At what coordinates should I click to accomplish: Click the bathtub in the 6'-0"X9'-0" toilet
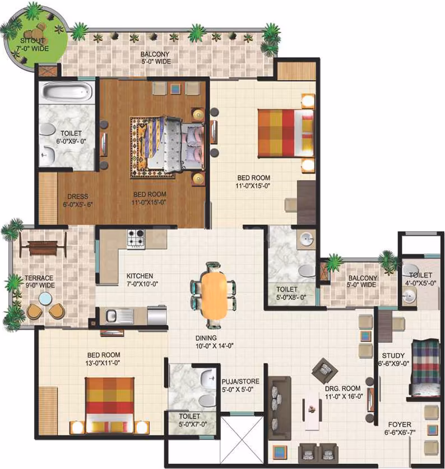coord(67,92)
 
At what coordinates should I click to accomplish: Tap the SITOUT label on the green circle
coord(33,41)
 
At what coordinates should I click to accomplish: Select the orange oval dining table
coord(214,295)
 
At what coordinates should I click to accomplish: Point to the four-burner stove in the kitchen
coord(136,238)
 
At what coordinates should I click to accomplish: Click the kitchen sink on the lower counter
coord(119,316)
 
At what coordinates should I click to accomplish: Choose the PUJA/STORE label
coord(240,381)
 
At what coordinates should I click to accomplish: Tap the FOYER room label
coord(400,424)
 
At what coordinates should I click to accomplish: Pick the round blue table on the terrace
coord(45,299)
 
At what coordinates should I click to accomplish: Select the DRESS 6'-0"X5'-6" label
coord(77,200)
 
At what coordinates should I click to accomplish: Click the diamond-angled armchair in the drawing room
coord(325,370)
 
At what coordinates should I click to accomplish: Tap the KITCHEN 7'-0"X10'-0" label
coord(142,280)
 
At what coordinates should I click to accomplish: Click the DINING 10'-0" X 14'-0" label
coord(215,342)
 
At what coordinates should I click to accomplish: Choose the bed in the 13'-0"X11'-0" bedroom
coord(110,405)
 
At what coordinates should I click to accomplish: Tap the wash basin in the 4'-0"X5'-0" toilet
coord(409,297)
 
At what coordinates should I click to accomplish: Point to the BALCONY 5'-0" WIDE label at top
coord(155,58)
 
